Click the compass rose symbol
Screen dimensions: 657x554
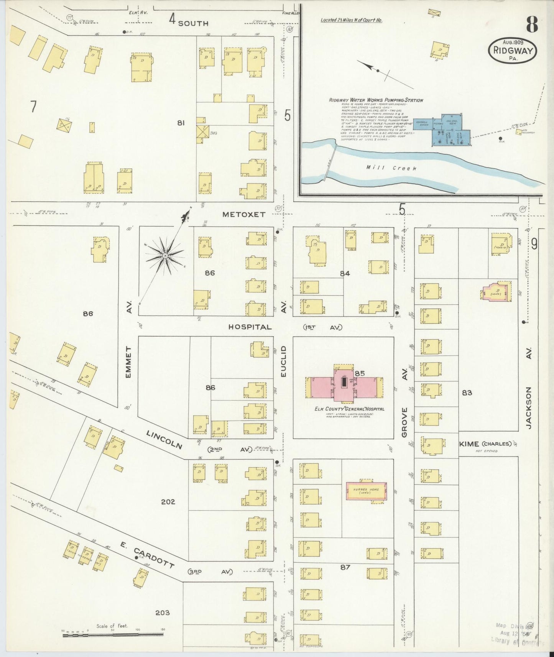165,256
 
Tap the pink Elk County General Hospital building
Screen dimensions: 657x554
344,387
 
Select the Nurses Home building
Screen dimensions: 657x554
366,491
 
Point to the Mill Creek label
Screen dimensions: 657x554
391,168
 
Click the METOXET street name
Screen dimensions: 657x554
244,215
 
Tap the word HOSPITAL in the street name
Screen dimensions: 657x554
250,327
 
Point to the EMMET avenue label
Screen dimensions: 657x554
128,362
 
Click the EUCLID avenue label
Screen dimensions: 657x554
284,361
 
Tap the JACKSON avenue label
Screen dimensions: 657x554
529,407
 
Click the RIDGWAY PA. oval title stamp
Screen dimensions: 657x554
512,50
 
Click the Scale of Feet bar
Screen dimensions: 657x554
113,634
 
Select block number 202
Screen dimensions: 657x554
168,501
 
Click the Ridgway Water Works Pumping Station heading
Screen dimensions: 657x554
376,100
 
